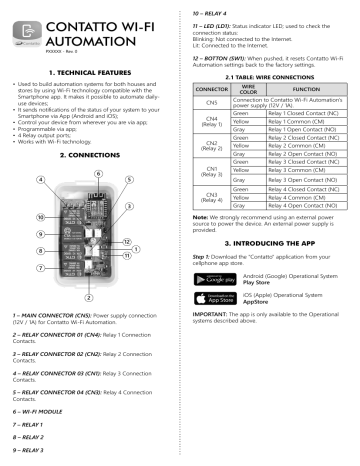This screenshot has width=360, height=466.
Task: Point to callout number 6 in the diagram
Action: pos(96,173)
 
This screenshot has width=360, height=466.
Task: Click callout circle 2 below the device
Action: pos(91,297)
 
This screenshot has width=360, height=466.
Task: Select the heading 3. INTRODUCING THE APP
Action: pos(269,271)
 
